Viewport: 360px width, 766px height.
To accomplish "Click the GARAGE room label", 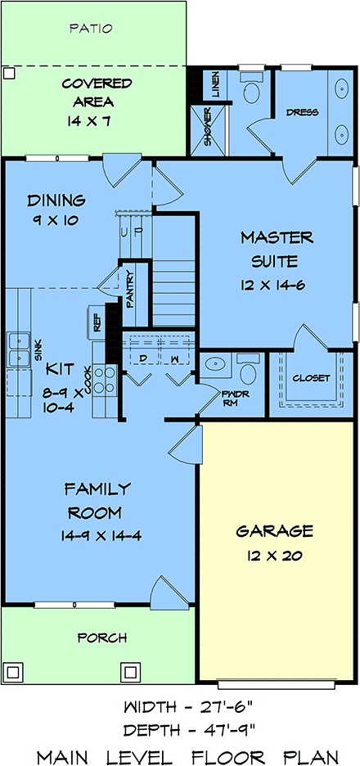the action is pos(274,531).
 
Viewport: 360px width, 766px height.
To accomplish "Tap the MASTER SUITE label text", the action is pos(276,250).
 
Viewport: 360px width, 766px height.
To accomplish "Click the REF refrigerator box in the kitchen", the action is pos(97,322).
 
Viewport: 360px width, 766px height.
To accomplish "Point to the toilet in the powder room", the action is pos(248,371).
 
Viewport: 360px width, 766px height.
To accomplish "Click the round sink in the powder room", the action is pos(214,364).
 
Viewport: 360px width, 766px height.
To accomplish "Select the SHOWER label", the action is pos(208,129).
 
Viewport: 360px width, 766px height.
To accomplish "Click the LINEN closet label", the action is pos(215,84).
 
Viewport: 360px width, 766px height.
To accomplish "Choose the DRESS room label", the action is pos(303,112).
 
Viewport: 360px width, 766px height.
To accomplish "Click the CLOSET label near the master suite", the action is pos(311,378).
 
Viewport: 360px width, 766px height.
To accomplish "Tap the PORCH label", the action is pos(102,638).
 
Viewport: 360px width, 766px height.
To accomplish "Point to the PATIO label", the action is pos(91,29).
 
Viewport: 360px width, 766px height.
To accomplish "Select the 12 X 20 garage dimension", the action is pos(274,555).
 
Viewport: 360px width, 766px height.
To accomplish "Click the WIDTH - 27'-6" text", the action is pos(190,706).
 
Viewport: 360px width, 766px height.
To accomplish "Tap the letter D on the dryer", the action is pos(143,358).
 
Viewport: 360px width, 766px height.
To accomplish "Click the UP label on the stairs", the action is pos(132,231).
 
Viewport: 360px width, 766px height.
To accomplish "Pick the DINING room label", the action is pos(56,201).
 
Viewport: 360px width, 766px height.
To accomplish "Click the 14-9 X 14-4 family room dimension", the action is pos(101,536).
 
